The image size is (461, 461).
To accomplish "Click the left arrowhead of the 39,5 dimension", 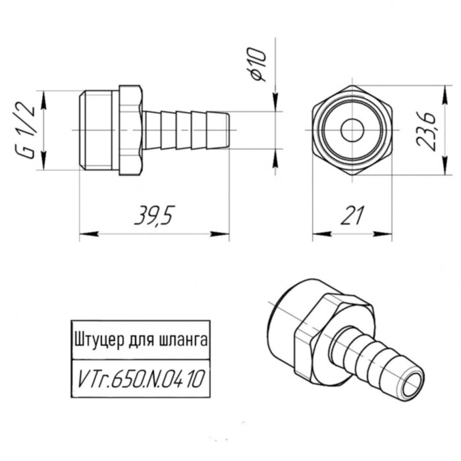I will coord(86,234).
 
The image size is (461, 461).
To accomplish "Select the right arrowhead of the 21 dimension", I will coord(389,234).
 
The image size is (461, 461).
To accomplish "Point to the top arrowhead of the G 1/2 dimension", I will coord(43,97).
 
